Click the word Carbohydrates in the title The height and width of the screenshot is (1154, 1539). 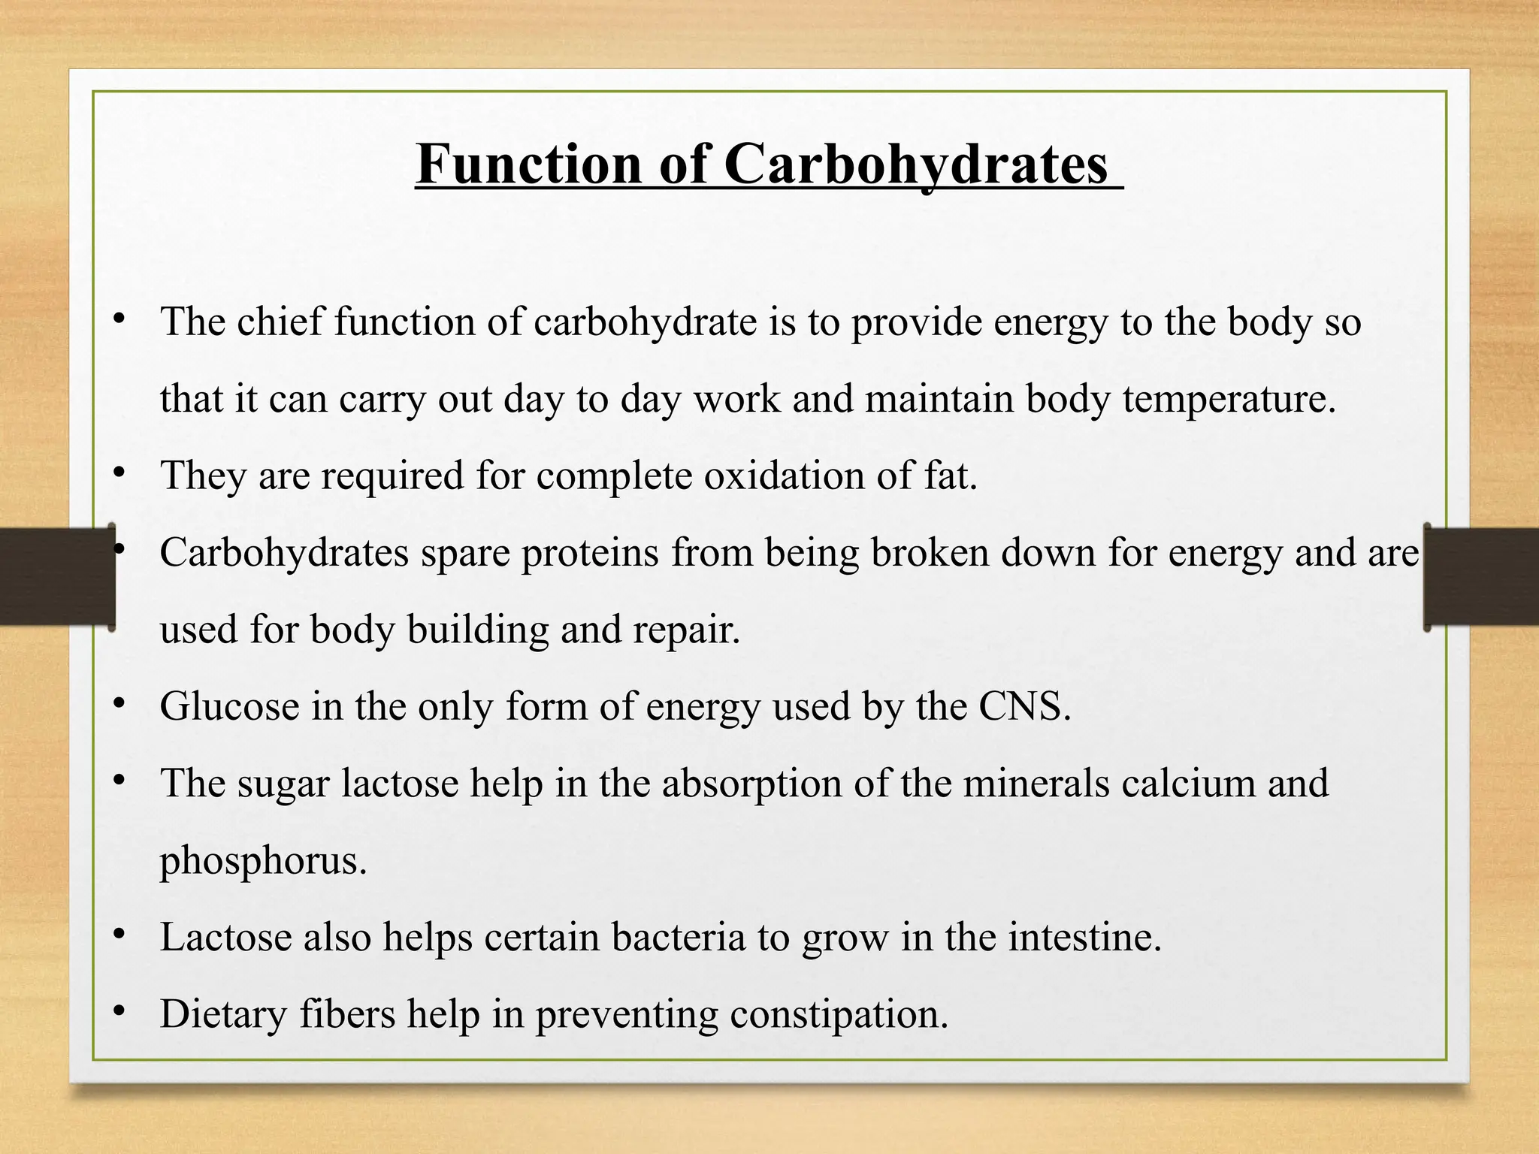coord(916,164)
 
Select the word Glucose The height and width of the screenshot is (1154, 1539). coord(229,707)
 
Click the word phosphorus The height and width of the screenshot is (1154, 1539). coord(263,861)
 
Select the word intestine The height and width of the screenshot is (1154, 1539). coord(1084,938)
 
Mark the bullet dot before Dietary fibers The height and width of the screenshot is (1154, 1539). coord(118,1011)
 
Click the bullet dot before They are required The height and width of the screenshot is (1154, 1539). coord(118,473)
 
